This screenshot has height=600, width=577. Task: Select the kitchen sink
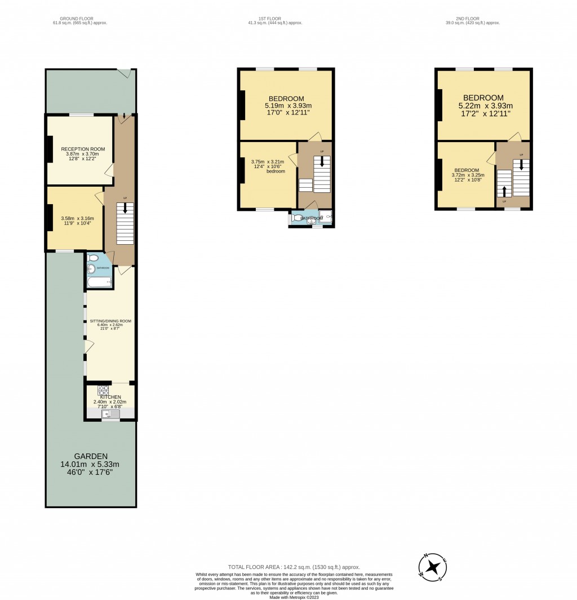click(x=106, y=414)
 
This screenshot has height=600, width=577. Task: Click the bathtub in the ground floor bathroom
click(x=100, y=281)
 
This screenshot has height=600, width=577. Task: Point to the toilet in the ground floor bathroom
click(x=94, y=258)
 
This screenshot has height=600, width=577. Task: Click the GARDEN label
click(x=91, y=456)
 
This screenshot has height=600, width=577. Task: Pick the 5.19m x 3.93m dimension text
click(x=288, y=105)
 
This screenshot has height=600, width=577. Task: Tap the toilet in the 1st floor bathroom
click(x=297, y=217)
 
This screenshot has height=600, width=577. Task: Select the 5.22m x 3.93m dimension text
click(x=485, y=105)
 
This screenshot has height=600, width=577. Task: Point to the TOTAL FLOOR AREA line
click(x=294, y=567)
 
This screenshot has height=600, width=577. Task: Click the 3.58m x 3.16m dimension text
click(x=77, y=218)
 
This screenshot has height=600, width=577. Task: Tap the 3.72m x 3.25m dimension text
click(x=468, y=175)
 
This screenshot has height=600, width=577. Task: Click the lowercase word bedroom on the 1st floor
click(x=276, y=171)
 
